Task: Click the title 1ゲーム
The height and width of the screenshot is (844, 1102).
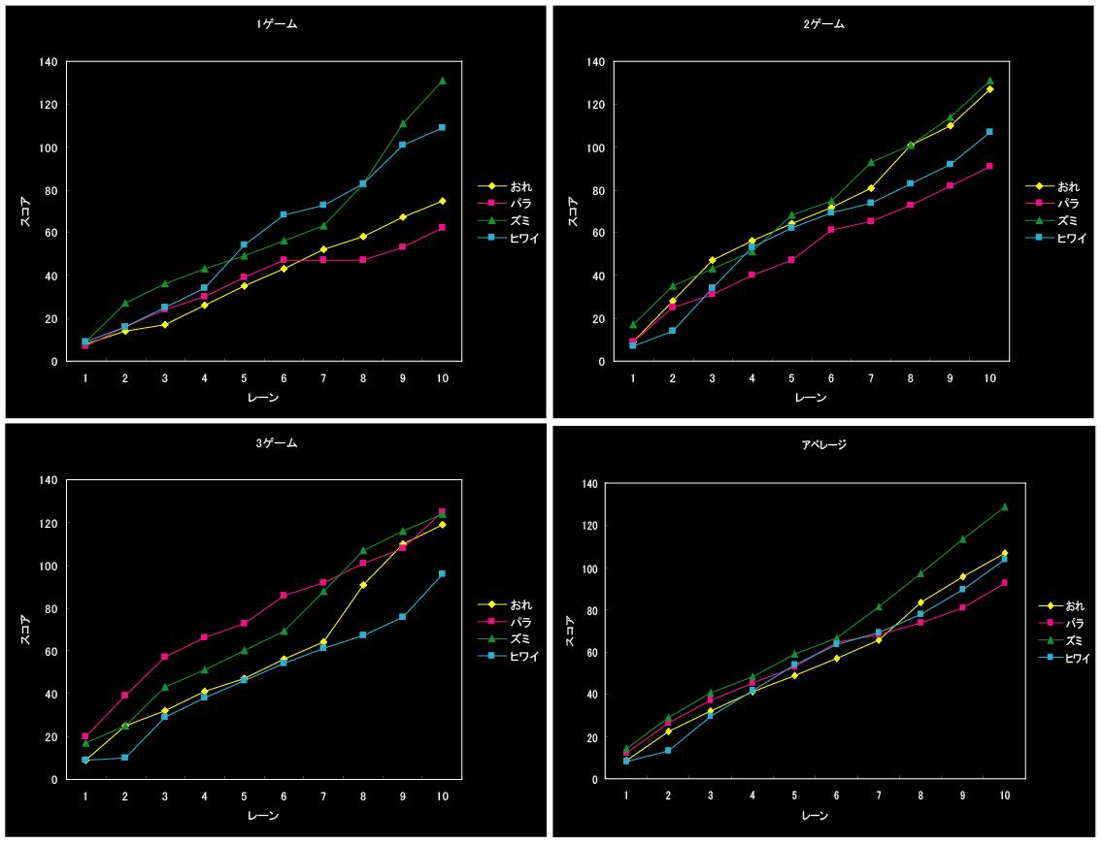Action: click(x=271, y=24)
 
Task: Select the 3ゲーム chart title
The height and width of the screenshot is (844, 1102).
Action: click(x=271, y=442)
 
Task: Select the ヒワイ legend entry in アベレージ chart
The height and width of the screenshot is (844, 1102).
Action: click(x=1071, y=658)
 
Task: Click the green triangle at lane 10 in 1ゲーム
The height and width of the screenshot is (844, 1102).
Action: click(x=442, y=81)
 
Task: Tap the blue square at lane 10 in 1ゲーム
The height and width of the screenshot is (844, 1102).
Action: click(x=442, y=127)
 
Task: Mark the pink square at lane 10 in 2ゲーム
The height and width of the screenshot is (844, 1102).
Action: click(x=989, y=166)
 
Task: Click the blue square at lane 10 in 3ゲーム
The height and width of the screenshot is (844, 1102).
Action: click(x=442, y=573)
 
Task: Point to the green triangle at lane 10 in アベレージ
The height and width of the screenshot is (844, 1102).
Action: click(x=1004, y=506)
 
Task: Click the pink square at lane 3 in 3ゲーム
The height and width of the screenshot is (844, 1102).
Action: click(x=165, y=657)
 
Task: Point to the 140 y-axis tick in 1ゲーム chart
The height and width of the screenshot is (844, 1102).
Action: click(x=48, y=62)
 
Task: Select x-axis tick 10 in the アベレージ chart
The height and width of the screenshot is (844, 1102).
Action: click(x=1004, y=795)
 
